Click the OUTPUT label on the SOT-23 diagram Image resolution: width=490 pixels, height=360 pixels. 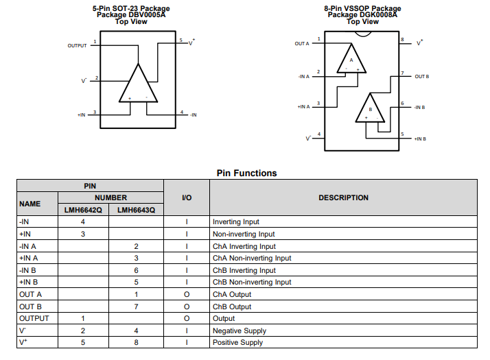click(77, 45)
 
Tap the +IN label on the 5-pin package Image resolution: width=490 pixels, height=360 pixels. click(81, 115)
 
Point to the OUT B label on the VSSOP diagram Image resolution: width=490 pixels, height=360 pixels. click(421, 77)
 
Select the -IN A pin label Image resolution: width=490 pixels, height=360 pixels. click(304, 77)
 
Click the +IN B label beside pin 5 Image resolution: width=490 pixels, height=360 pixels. click(420, 139)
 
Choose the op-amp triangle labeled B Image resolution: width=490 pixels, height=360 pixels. click(370, 108)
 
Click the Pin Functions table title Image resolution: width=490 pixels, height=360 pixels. click(246, 173)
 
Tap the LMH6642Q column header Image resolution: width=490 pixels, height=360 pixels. click(83, 210)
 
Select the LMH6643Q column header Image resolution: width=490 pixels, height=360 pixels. click(137, 210)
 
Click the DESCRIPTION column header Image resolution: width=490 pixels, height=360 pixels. click(343, 197)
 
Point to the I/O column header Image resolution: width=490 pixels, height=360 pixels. click(187, 197)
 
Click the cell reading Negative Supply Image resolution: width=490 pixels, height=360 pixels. click(240, 331)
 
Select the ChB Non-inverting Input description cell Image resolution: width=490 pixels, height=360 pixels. click(252, 282)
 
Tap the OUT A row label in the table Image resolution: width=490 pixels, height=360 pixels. click(30, 294)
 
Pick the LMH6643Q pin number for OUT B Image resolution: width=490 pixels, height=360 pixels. click(136, 307)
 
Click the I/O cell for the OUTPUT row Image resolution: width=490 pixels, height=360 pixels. click(187, 318)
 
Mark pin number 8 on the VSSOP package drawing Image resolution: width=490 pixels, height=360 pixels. click(402, 39)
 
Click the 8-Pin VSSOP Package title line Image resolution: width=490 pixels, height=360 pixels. click(362, 8)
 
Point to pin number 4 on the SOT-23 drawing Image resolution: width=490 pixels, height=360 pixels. click(182, 112)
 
